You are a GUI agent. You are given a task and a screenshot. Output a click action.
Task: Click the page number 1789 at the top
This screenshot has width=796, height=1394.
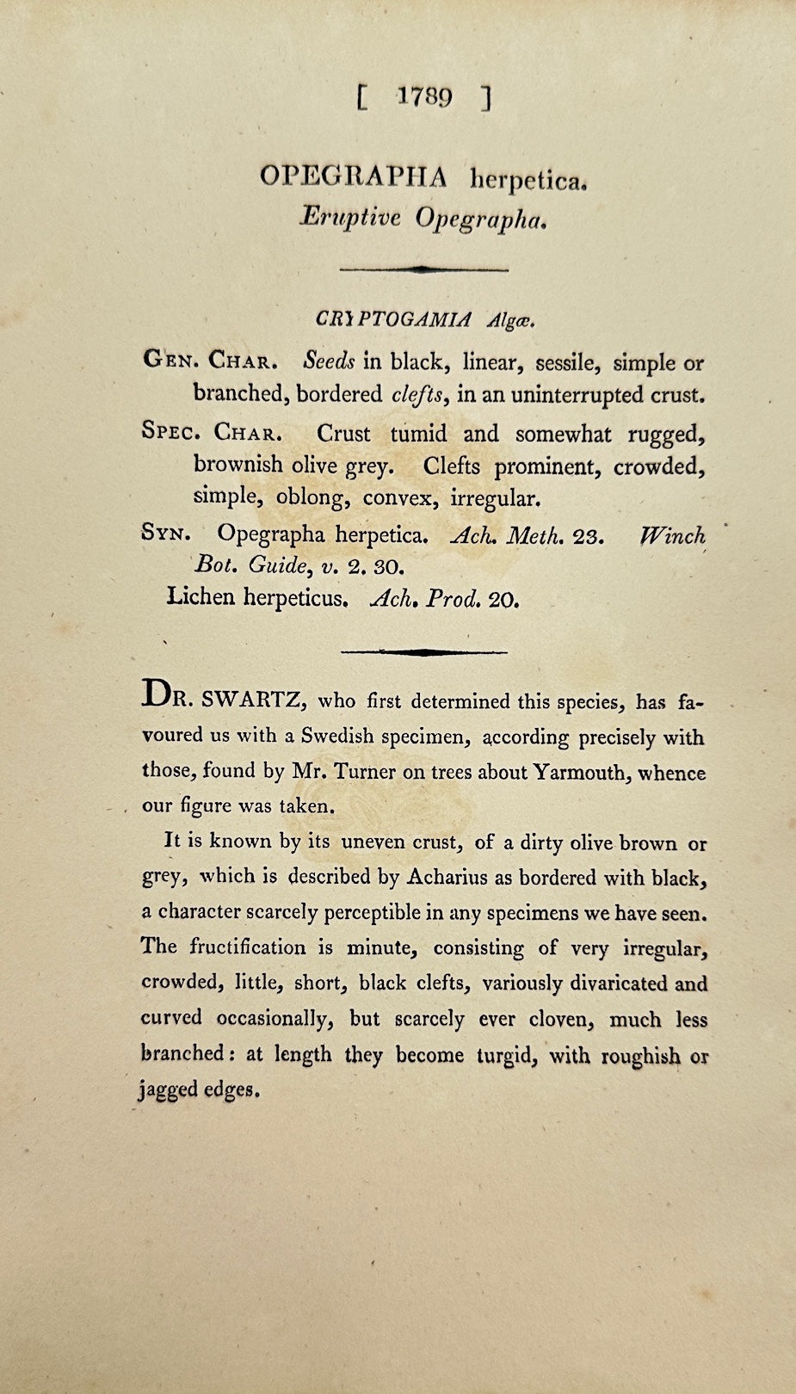coord(425,97)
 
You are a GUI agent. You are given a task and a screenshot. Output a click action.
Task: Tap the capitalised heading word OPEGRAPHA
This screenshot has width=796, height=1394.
coord(354,177)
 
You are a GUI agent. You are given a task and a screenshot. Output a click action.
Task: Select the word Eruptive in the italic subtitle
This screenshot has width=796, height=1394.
coord(350,218)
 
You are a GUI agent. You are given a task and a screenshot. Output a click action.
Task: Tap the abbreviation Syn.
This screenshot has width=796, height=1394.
coord(165,534)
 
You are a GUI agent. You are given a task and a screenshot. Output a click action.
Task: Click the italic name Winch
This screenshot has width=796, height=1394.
coord(673,536)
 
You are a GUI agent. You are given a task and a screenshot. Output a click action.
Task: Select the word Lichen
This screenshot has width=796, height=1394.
coord(201,596)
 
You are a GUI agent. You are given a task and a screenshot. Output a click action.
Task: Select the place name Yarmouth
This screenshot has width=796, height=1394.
coord(580,772)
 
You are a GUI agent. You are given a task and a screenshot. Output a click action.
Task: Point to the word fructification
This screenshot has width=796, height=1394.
coord(248,947)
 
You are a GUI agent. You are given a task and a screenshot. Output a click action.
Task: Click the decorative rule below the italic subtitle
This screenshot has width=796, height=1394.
coord(423,269)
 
